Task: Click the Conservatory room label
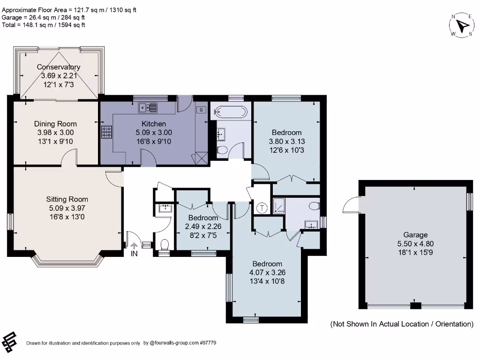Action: click(x=59, y=67)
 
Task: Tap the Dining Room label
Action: click(x=55, y=124)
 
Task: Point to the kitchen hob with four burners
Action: click(x=106, y=132)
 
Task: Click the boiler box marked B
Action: click(x=201, y=109)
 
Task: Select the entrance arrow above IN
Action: click(x=135, y=245)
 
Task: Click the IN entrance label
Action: click(x=135, y=254)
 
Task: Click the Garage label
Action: click(x=415, y=235)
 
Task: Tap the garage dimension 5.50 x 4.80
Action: click(x=415, y=244)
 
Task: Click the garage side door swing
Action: click(x=351, y=205)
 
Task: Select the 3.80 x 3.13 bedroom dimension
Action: click(x=285, y=141)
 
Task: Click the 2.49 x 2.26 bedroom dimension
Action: click(x=202, y=226)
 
